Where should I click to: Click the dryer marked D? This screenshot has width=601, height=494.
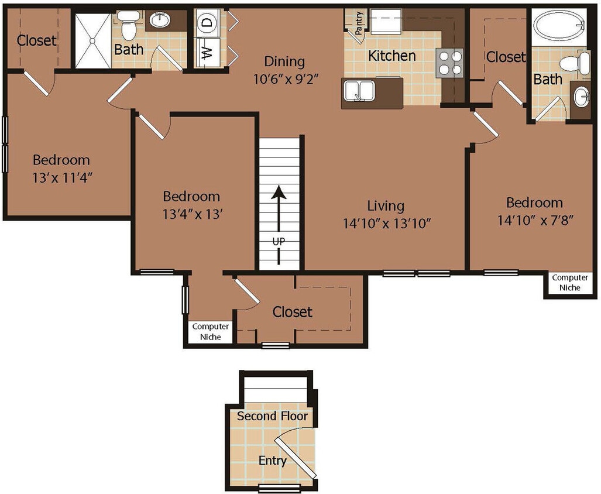(x=207, y=23)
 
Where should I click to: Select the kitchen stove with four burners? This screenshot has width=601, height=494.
(x=449, y=62)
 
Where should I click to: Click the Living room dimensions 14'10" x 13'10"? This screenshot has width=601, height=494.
(x=386, y=222)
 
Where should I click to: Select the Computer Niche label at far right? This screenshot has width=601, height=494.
(x=570, y=283)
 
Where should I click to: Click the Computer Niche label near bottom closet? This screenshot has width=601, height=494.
(x=211, y=332)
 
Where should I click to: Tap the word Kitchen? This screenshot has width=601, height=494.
(x=392, y=56)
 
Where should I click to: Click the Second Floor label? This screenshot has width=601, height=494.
(x=272, y=416)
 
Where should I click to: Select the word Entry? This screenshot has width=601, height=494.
(x=272, y=461)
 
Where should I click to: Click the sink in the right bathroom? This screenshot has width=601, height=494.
(x=581, y=98)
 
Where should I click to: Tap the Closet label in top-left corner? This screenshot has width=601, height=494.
(x=36, y=40)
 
